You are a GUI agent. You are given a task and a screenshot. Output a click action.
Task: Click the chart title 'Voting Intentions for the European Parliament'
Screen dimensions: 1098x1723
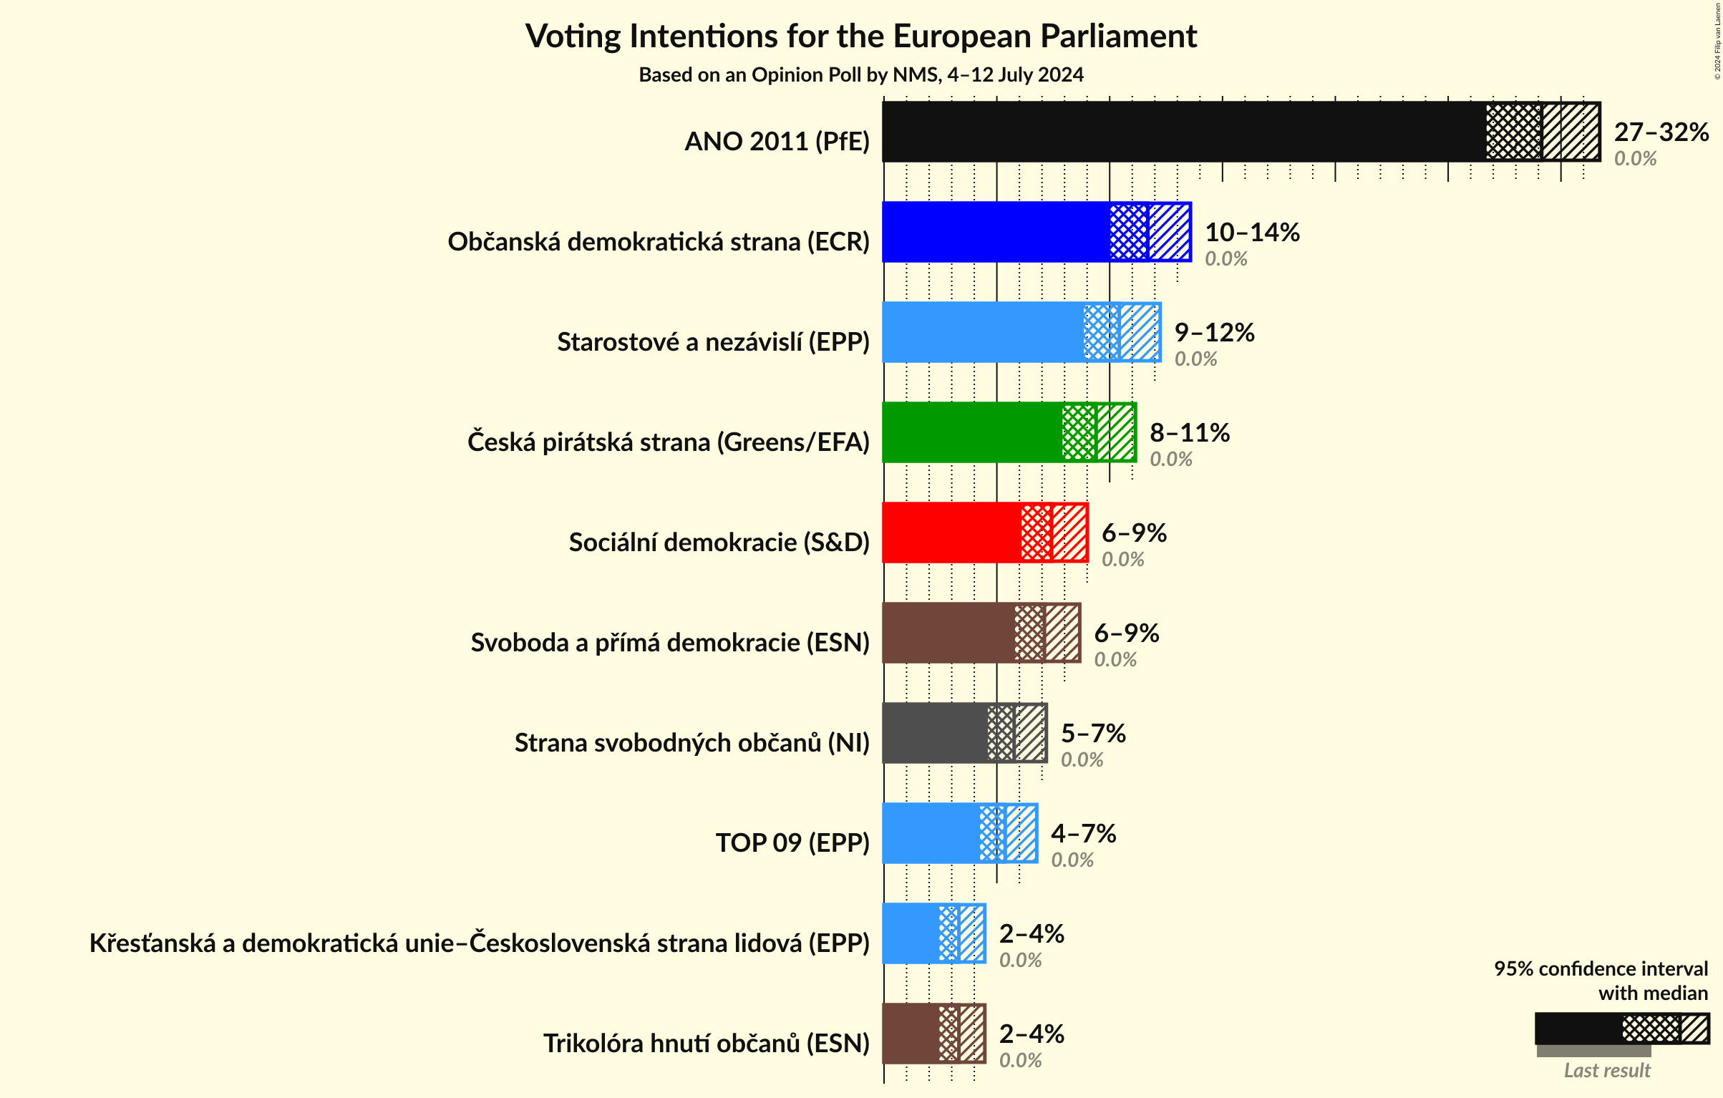[860, 36]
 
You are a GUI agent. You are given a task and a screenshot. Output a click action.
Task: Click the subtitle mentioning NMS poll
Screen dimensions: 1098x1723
[860, 74]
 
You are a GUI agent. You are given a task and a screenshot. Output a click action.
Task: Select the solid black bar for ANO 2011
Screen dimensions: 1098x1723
[1181, 132]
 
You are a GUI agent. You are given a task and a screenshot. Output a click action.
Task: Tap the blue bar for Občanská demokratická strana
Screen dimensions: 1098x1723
[995, 232]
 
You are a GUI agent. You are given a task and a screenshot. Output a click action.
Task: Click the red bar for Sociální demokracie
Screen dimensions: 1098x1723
[951, 533]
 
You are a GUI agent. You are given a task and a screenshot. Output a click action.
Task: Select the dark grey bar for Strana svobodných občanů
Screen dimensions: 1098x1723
[934, 733]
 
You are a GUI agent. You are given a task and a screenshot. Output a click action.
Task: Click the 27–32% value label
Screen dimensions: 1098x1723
[1661, 132]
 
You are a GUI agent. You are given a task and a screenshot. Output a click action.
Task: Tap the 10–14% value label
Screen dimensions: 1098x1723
[1252, 233]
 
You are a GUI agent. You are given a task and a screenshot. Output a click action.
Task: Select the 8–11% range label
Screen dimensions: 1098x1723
[1189, 433]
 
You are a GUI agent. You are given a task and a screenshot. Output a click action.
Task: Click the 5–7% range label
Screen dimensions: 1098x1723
[1092, 734]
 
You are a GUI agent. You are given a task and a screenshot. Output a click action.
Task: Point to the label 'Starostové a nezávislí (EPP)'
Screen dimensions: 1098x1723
[713, 342]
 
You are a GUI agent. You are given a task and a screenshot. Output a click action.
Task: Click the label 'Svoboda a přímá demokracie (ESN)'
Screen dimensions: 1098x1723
[669, 643]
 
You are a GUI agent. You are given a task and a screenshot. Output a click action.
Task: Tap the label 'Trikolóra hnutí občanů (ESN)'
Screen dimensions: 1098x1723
[706, 1044]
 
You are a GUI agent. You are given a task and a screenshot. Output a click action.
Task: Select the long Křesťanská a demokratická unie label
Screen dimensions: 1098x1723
[479, 943]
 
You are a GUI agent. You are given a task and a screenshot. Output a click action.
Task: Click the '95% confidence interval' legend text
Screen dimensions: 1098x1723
[1600, 968]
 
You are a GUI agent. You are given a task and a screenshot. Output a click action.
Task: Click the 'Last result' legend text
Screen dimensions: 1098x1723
[1606, 1070]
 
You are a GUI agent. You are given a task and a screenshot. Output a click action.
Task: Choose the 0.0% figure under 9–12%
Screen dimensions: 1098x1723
[1195, 359]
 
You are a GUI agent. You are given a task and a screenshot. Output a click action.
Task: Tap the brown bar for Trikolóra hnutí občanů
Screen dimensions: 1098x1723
[910, 1034]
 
